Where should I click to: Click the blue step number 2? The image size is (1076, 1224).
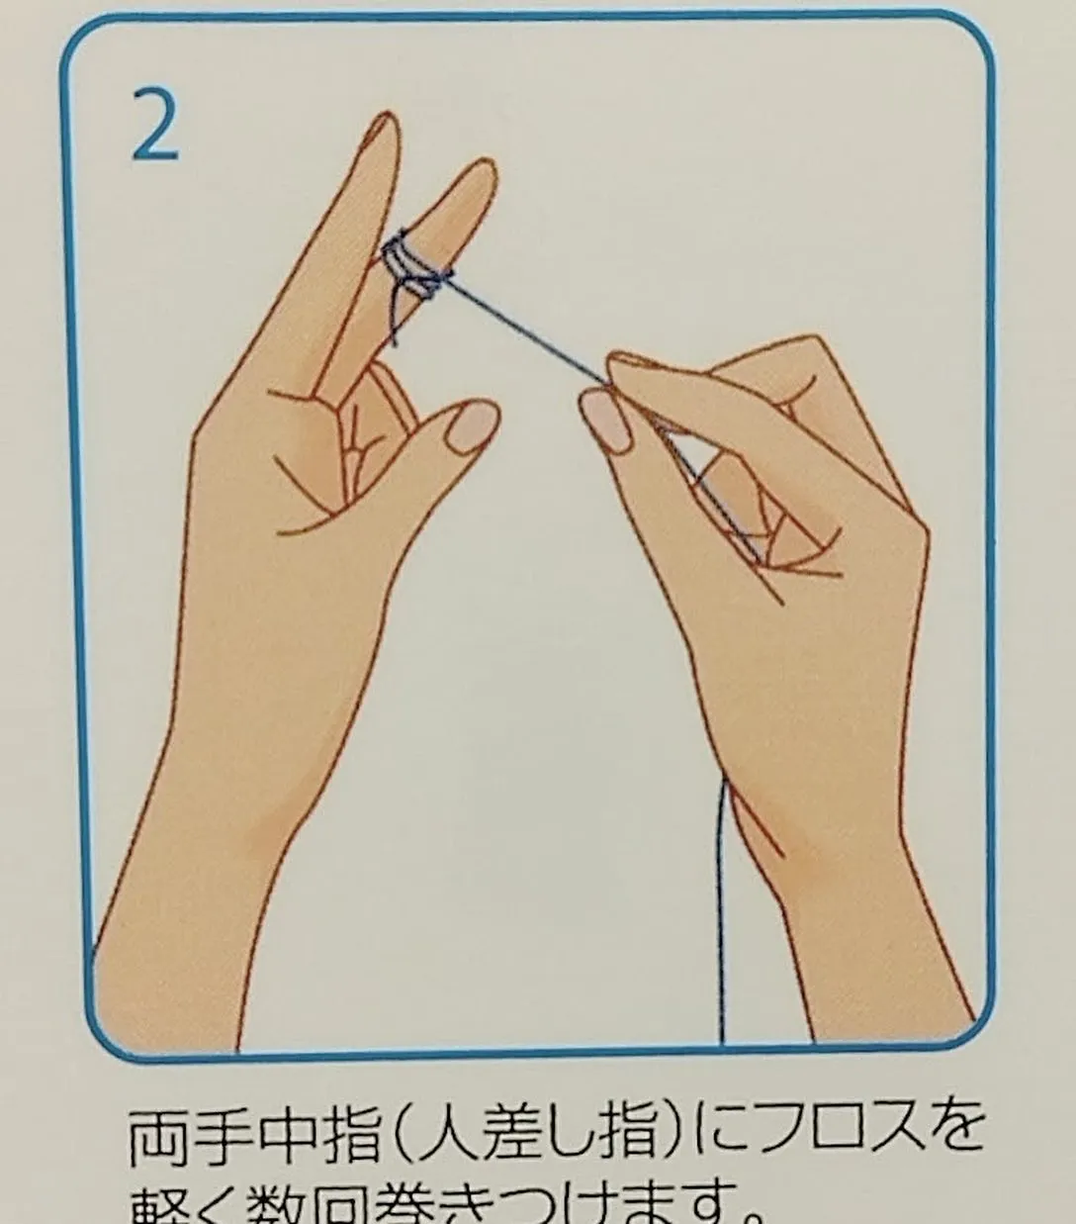pos(155,125)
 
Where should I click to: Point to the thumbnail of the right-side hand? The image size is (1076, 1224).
pos(605,420)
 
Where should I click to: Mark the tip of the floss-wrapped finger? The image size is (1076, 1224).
pos(478,174)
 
